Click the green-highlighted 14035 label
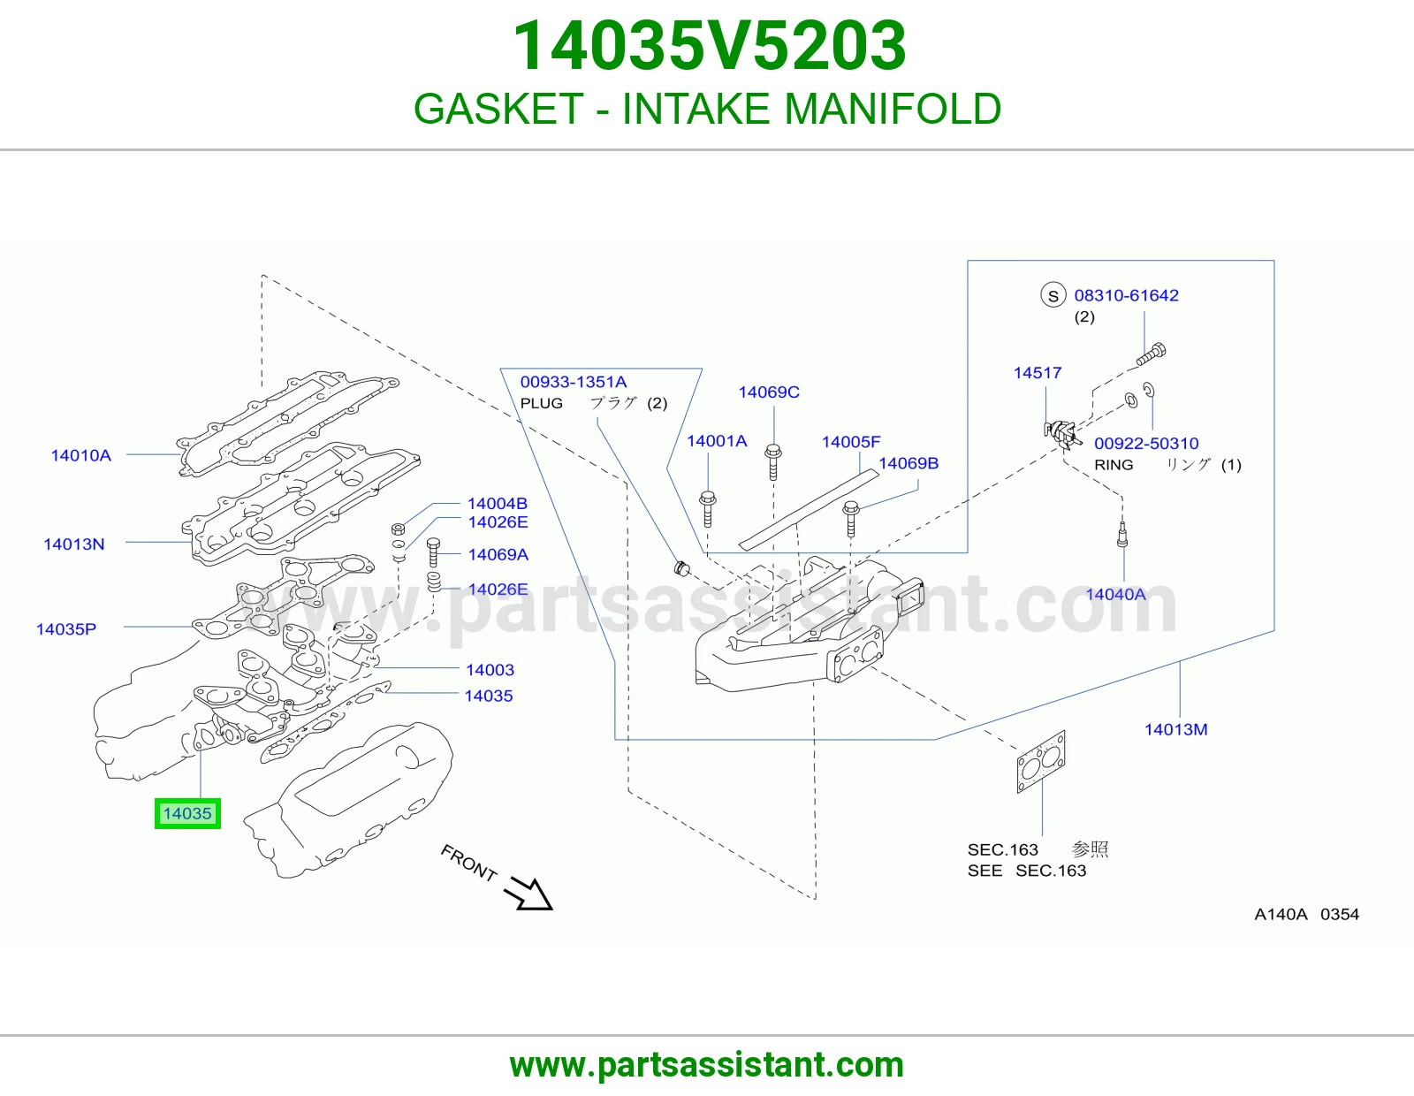(187, 813)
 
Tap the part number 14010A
(80, 455)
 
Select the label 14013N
(73, 544)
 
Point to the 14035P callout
(65, 629)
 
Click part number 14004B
(498, 504)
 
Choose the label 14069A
(498, 554)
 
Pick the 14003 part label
(490, 670)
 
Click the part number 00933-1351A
(574, 382)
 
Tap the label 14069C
(769, 392)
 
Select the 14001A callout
(717, 441)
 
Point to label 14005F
(850, 442)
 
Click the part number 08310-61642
(1127, 295)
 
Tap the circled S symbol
(1053, 295)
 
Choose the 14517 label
(1038, 373)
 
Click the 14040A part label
(1115, 594)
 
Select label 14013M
(1176, 729)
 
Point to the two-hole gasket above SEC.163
(1041, 762)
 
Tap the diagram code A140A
(1281, 915)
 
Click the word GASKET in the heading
(498, 109)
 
